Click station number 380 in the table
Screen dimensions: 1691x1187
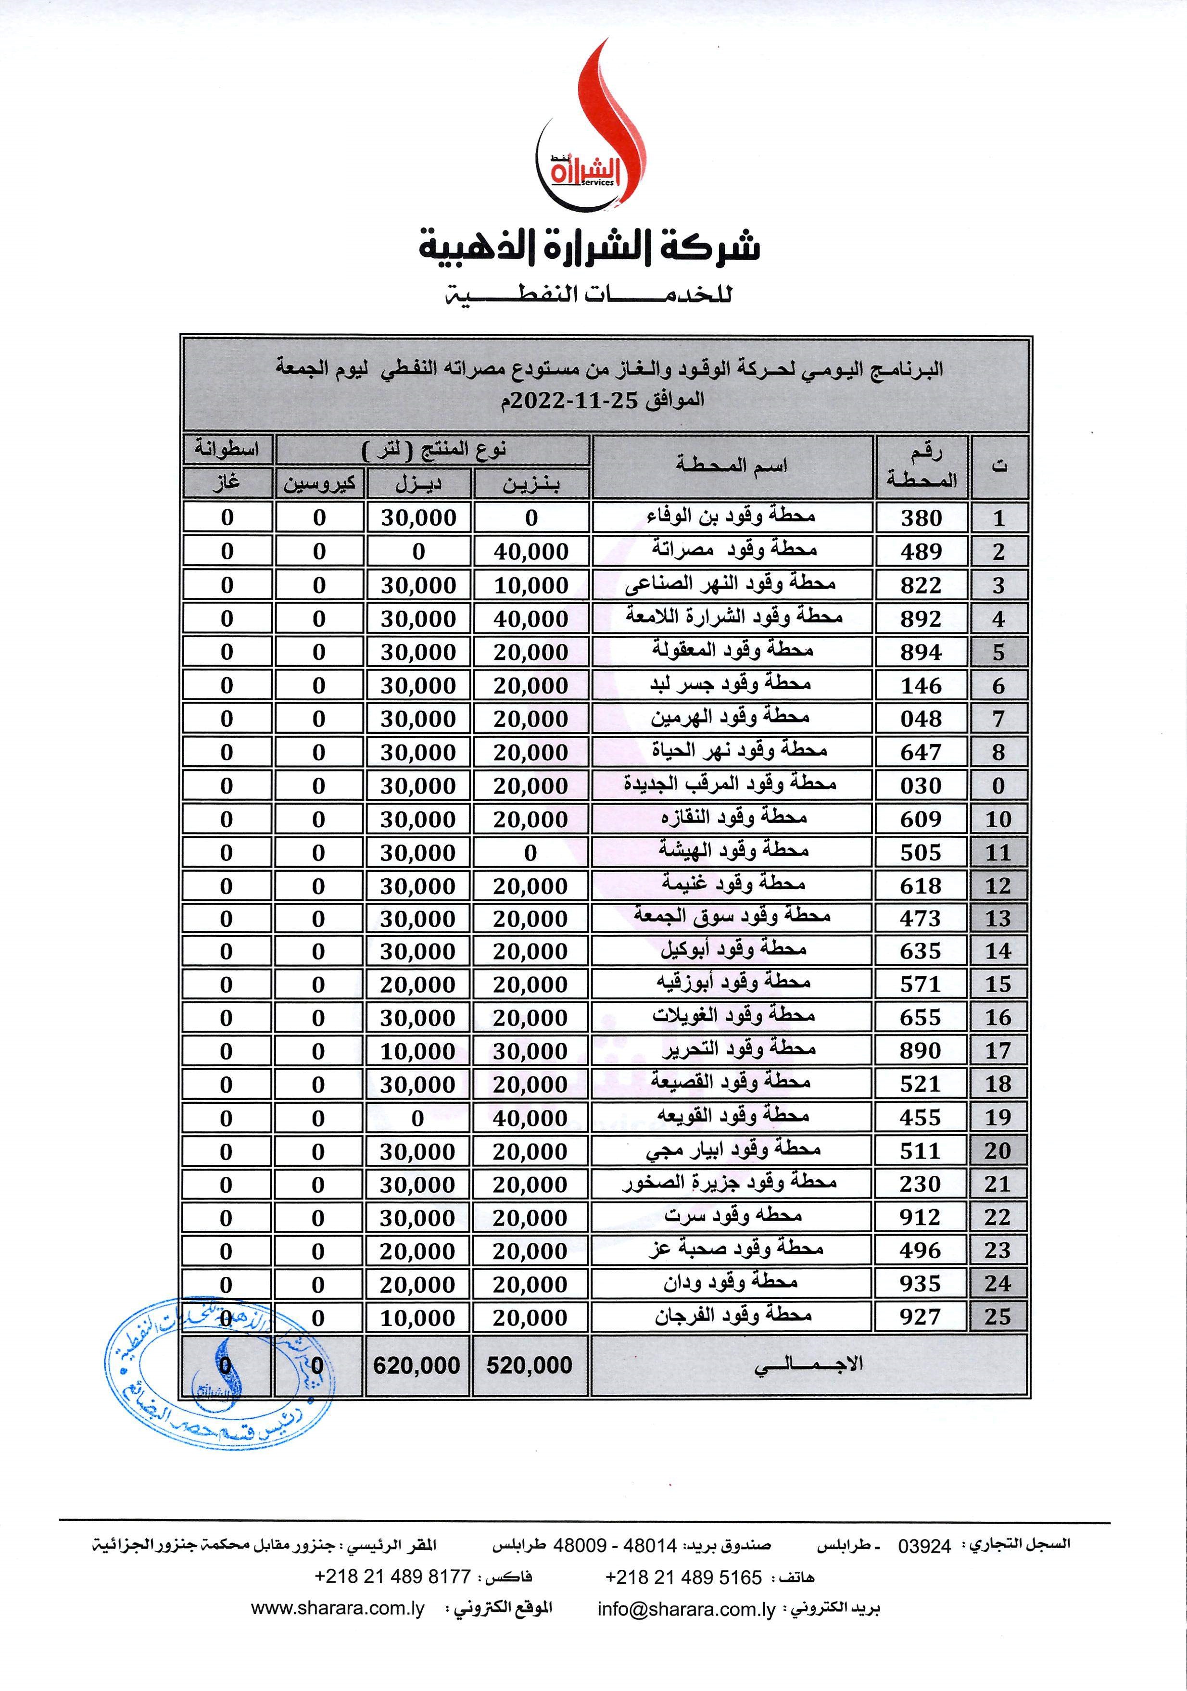(x=921, y=518)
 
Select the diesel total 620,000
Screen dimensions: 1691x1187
(x=417, y=1365)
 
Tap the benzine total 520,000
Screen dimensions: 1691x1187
(x=530, y=1365)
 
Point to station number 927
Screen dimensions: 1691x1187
(x=921, y=1316)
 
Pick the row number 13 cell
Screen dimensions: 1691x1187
(x=998, y=919)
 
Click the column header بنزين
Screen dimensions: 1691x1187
(x=531, y=484)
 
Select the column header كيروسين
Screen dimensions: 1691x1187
(x=319, y=484)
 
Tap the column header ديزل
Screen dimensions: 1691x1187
(x=418, y=484)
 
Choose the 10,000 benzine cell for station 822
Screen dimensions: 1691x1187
(x=531, y=585)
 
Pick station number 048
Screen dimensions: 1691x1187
(x=921, y=719)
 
